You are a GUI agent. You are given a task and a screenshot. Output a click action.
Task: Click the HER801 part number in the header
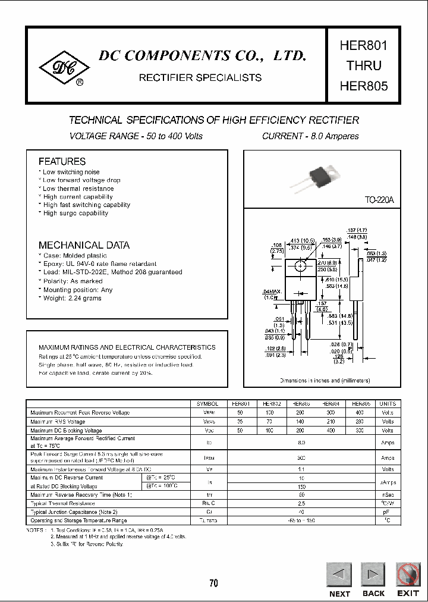pos(364,46)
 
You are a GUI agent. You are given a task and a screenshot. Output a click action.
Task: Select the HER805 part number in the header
pos(364,86)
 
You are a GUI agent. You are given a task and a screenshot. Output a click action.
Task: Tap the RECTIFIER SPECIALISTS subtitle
pos(200,78)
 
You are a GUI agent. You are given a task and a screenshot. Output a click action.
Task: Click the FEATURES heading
pos(62,161)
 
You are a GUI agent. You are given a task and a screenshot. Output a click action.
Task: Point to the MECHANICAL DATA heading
pos(84,245)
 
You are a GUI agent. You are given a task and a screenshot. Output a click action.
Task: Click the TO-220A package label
pos(379,201)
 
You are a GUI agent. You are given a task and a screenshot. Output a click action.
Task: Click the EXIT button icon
pos(408,574)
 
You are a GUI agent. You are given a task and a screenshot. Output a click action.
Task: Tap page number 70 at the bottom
pos(213,583)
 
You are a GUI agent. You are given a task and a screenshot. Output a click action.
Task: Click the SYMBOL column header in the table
pos(207,403)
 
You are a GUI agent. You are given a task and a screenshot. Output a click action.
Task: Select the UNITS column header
pos(388,403)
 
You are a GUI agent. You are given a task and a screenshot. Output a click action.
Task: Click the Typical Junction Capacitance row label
pos(74,512)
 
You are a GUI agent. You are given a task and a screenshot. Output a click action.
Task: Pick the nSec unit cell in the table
pos(388,495)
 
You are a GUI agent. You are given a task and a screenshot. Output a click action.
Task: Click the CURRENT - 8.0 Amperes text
pos(310,136)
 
